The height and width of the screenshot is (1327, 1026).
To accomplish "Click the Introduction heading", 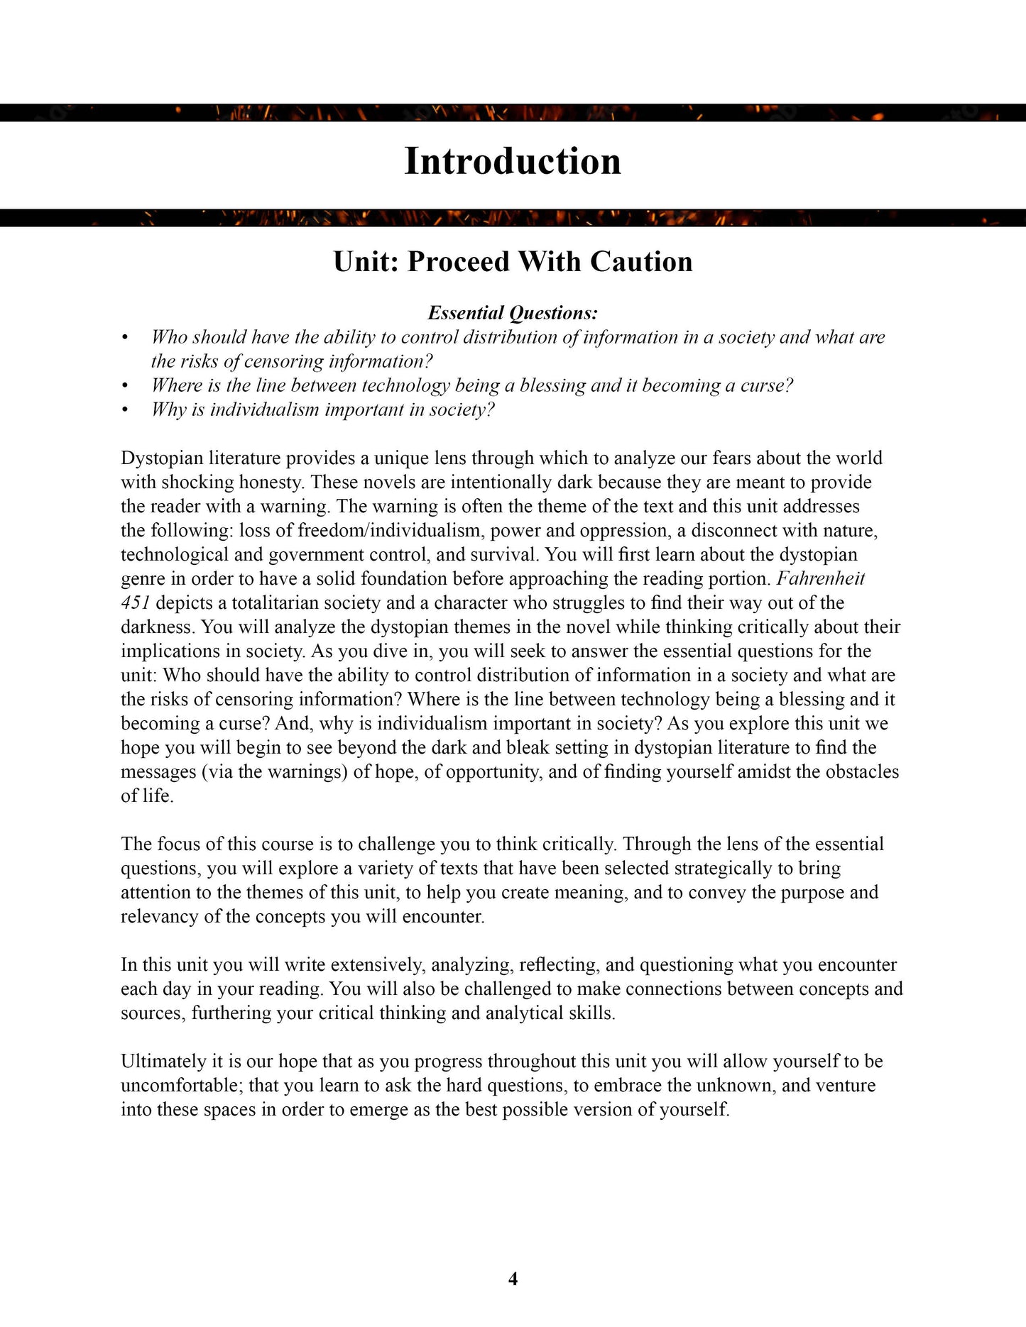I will click(x=513, y=162).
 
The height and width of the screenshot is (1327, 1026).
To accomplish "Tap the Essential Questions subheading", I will click(x=513, y=313).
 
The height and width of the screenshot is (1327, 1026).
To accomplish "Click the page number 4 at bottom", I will click(x=513, y=1279).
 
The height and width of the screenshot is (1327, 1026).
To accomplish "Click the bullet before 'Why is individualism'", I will click(x=125, y=410).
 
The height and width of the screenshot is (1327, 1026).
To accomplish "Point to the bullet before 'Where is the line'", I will click(x=125, y=386).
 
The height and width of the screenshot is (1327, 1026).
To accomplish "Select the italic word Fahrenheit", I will click(x=820, y=578).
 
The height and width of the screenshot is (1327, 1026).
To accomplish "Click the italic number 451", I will click(x=135, y=603).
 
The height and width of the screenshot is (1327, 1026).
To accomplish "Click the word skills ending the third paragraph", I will click(x=591, y=1013).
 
